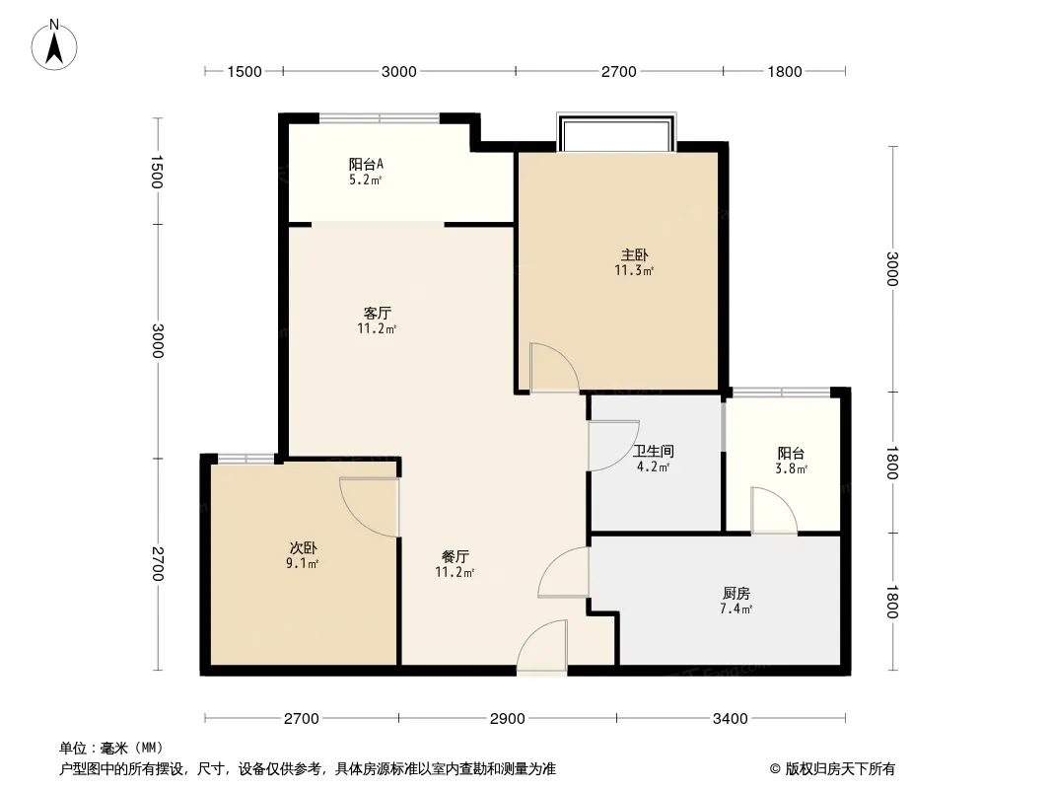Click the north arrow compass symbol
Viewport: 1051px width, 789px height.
pos(54,45)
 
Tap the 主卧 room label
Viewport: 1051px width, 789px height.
pos(634,254)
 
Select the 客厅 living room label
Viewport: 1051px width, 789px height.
pos(378,313)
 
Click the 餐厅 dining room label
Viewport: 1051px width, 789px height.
pos(455,556)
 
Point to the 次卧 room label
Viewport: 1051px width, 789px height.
pos(303,547)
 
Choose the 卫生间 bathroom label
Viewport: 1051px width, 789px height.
pos(654,451)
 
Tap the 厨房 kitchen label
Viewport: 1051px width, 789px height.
pos(736,594)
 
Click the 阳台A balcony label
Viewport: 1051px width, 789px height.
pos(366,165)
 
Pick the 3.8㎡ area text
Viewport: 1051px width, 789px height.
pos(791,468)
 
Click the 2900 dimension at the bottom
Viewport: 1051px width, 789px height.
pos(508,719)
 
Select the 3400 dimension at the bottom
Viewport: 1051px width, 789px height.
pos(730,719)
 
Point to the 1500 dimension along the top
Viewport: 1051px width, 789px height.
pos(244,72)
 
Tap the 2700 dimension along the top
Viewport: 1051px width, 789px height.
pos(618,72)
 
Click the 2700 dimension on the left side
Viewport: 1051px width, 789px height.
pos(158,564)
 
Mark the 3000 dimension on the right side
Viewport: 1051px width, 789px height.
pos(892,269)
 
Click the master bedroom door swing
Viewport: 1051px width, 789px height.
pos(554,367)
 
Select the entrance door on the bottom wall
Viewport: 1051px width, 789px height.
pos(542,646)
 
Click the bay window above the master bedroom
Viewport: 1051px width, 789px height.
pos(616,133)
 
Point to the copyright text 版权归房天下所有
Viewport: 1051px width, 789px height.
pos(840,769)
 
